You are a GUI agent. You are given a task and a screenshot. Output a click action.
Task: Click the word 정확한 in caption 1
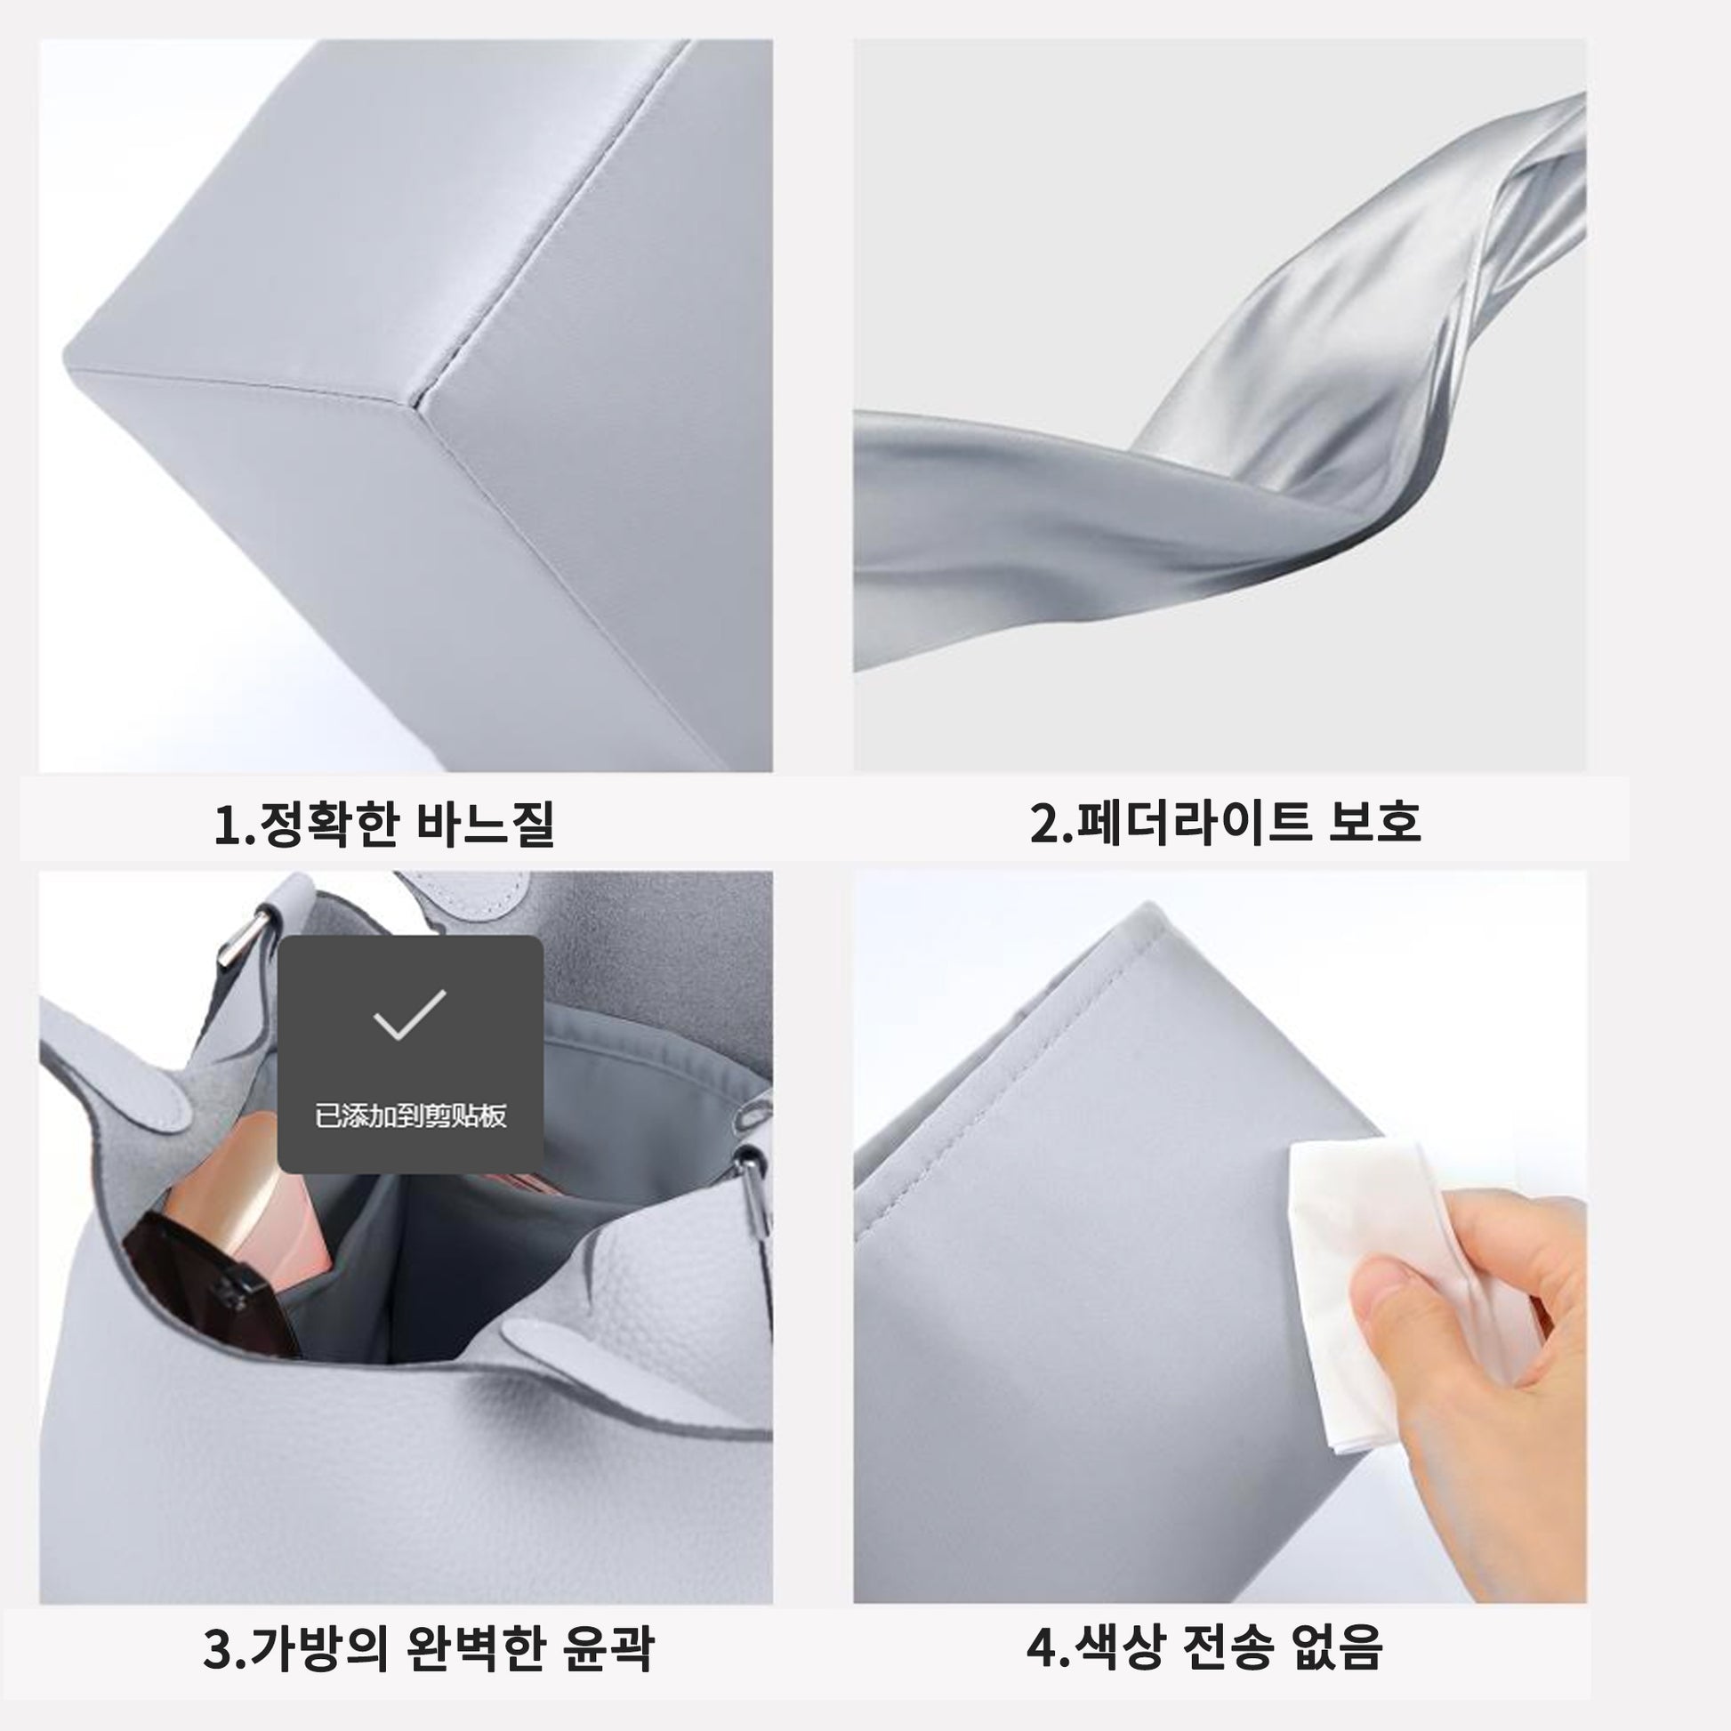327,825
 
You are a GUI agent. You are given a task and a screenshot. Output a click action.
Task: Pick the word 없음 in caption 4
1337,1645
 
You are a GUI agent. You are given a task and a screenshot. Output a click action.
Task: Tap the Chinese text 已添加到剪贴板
410,1116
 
